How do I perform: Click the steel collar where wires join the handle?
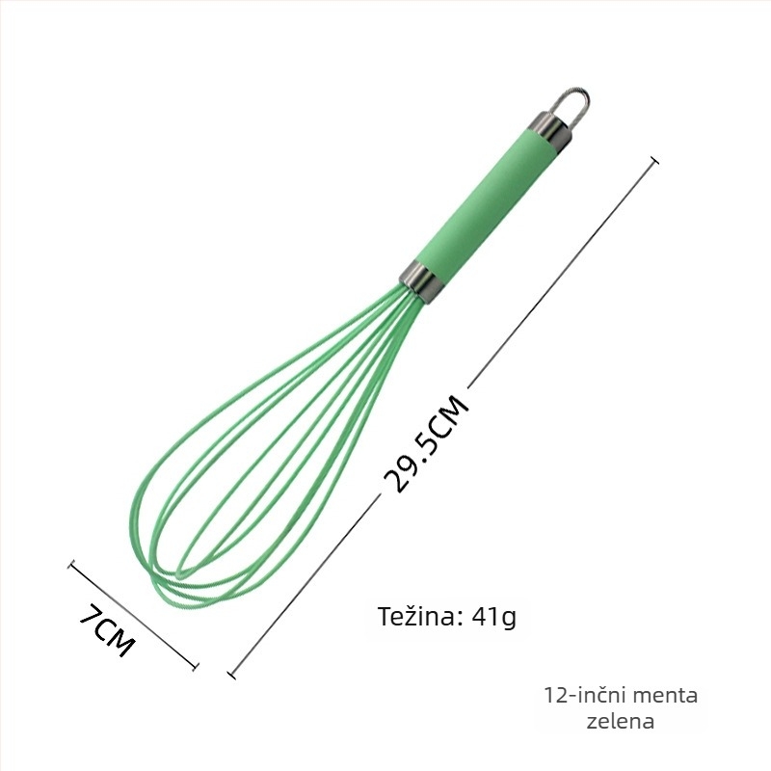click(419, 280)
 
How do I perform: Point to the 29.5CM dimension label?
click(427, 443)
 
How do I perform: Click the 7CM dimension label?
click(107, 631)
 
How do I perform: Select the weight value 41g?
click(493, 617)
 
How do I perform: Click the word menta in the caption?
click(664, 695)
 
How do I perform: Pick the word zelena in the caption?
click(621, 721)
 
